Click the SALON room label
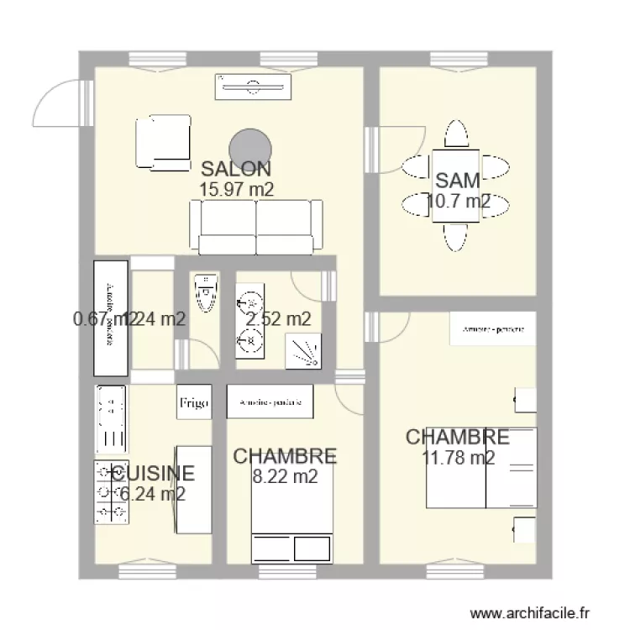click(235, 168)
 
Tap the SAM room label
click(457, 180)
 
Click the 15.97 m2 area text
click(236, 190)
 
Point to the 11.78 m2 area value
click(459, 458)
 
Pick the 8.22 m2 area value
click(285, 477)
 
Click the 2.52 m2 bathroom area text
click(278, 319)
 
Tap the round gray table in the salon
click(249, 145)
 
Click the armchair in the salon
click(162, 143)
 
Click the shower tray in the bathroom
click(303, 351)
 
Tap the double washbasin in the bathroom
click(249, 320)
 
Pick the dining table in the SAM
click(456, 186)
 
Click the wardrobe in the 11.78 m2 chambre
click(492, 328)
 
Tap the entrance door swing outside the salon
click(59, 105)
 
